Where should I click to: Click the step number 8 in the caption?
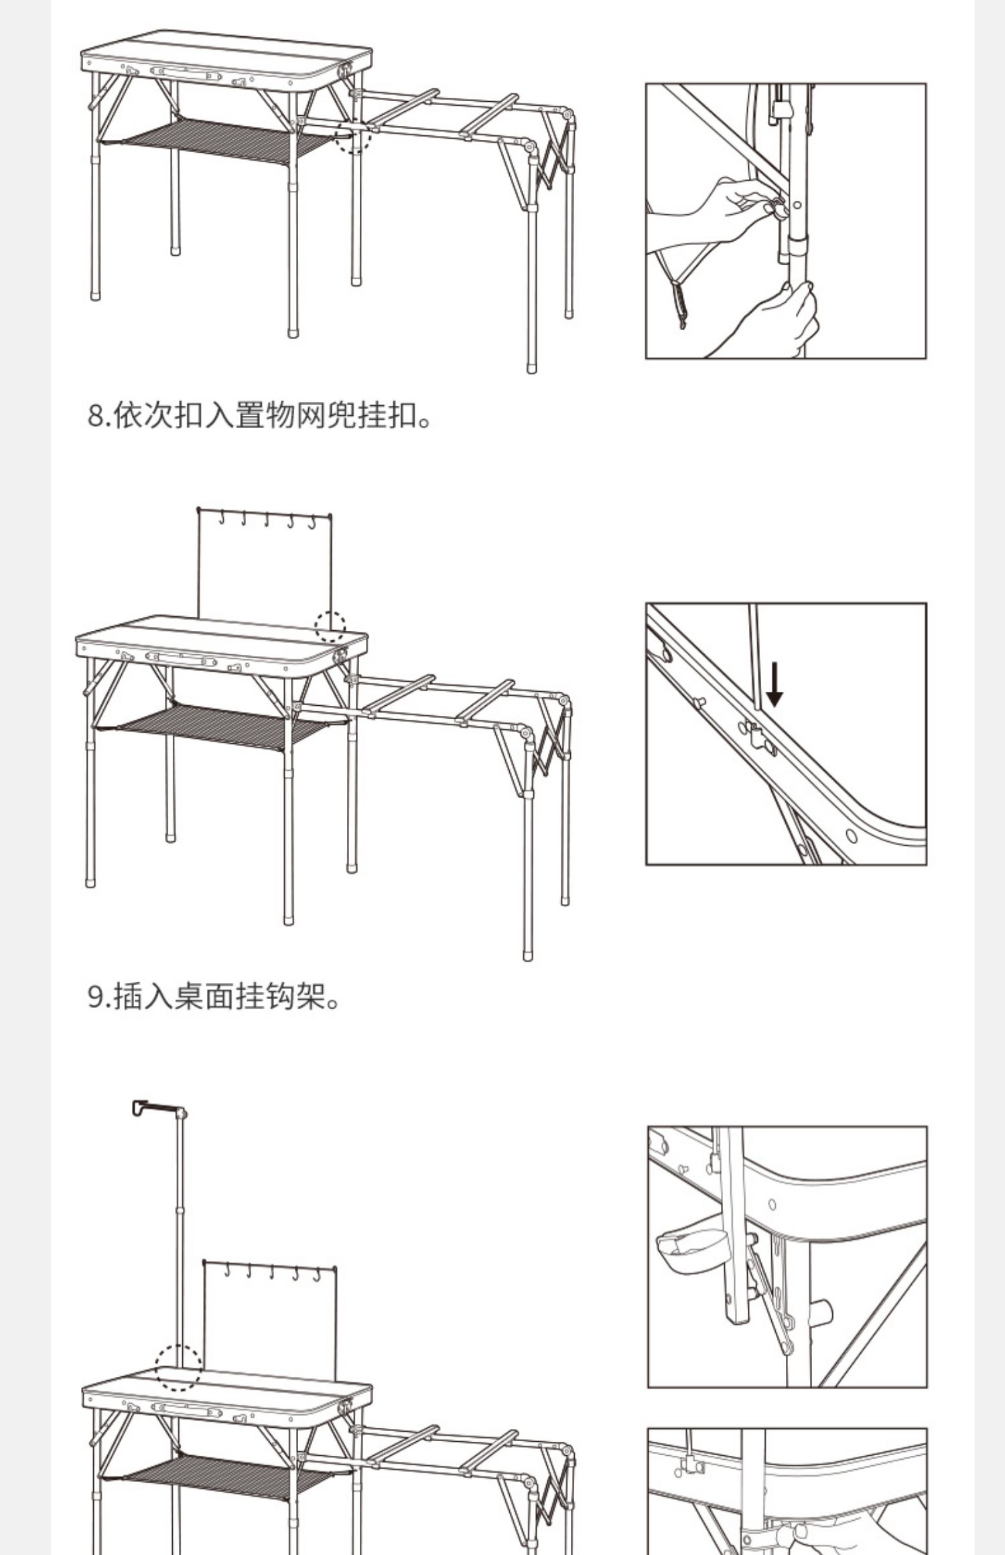pos(95,417)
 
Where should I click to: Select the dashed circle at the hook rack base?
pos(330,626)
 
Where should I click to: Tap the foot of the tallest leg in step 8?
pos(531,368)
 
